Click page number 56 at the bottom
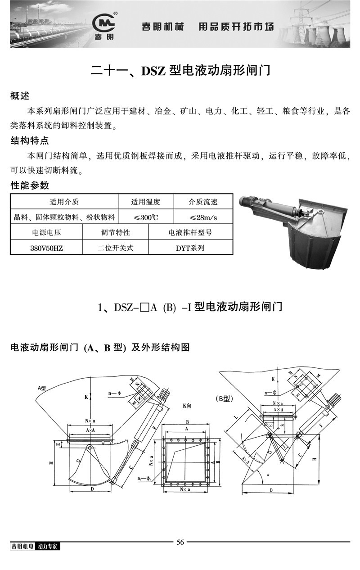coord(180,542)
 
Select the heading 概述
coord(19,96)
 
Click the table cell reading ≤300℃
coord(146,217)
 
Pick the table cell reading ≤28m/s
coord(203,217)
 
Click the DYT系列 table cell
coord(190,248)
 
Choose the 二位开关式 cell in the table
coord(115,248)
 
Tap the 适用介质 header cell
coord(64,202)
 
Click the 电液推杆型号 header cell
coord(190,233)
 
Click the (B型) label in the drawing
coord(223,398)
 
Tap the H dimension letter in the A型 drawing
coord(53,462)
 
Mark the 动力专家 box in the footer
coord(49,546)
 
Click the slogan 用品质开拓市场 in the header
coord(236,27)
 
